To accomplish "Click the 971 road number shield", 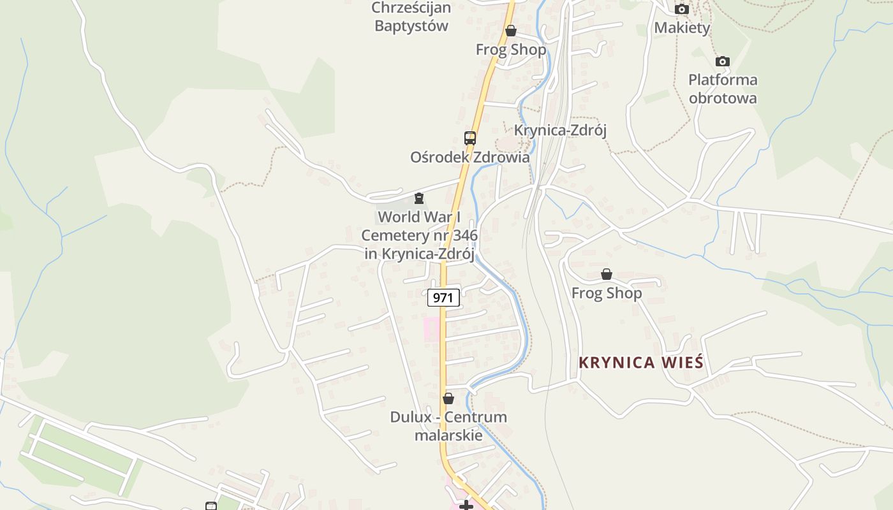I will pos(443,297).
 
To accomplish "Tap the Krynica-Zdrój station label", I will pos(560,130).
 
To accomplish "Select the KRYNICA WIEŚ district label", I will pos(640,363).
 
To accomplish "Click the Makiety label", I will pos(682,28).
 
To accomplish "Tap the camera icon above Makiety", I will pos(682,10).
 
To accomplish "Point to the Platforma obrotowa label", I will pos(723,89).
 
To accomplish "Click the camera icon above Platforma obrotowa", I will pos(722,61).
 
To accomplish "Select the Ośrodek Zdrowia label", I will pos(469,157).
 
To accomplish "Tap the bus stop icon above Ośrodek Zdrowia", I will pos(469,138).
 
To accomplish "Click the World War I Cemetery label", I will pos(419,235).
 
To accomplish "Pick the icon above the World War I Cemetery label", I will pos(419,198).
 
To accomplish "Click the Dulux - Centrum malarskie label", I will pos(448,426).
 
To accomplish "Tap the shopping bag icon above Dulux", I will pos(448,398).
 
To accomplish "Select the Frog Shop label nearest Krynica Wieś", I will pos(606,293).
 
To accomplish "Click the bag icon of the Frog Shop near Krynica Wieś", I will pos(606,274).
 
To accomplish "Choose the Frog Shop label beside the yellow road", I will pos(510,50).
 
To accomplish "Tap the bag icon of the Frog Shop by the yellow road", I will pos(510,31).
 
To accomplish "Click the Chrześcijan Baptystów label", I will pos(411,17).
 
